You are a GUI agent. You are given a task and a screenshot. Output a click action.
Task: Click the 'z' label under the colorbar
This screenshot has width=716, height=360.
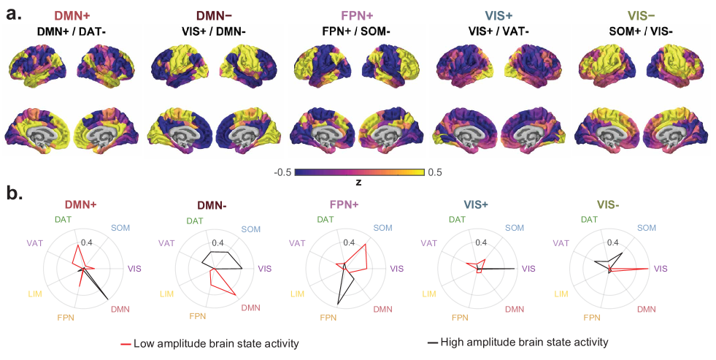358,181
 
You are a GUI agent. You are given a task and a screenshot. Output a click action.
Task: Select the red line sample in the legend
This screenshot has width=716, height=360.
126,343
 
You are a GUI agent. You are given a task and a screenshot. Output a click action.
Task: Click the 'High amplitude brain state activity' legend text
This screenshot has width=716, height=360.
523,342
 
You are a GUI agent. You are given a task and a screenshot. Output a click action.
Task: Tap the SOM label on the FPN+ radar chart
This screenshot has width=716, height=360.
382,229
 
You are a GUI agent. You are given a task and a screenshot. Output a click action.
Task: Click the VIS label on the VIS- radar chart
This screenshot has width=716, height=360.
660,269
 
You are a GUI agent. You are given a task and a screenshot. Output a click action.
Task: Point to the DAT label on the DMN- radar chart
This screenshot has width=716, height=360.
195,221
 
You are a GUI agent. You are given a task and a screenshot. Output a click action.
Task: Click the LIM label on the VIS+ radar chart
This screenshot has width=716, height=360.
428,294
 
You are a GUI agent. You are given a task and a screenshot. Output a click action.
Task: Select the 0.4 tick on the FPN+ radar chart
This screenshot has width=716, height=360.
349,242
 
